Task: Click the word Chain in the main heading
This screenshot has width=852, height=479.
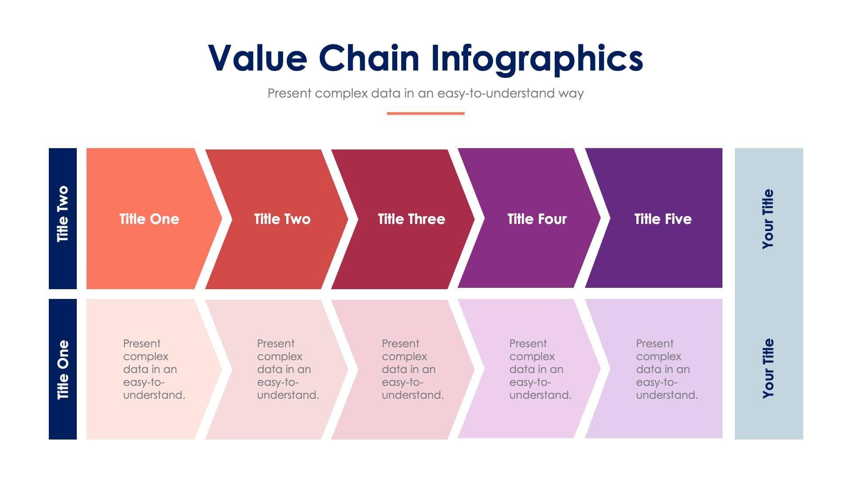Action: tap(369, 58)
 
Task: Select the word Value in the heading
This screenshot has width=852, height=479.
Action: tap(257, 58)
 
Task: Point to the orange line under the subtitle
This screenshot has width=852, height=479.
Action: tap(426, 114)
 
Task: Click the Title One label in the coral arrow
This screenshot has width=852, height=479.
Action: tap(149, 219)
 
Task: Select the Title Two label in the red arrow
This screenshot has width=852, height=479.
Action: tap(282, 219)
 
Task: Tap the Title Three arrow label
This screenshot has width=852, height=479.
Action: tap(411, 219)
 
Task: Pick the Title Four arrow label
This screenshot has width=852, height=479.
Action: tap(537, 219)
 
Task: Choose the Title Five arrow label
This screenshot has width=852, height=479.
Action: tap(663, 219)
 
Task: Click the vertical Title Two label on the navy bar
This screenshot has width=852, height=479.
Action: tap(63, 214)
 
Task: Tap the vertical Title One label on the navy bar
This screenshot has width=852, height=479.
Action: tap(63, 369)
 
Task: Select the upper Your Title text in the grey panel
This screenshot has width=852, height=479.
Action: tap(768, 219)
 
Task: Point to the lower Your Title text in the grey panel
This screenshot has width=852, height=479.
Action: tap(768, 368)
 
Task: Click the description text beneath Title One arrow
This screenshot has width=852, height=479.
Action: tap(154, 369)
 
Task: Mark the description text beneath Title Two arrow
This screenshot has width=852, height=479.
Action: tap(288, 369)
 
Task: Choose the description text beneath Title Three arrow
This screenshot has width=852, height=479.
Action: tap(412, 369)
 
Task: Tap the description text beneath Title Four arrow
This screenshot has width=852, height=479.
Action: tap(540, 369)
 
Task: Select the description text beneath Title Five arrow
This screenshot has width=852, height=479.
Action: tap(667, 369)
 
